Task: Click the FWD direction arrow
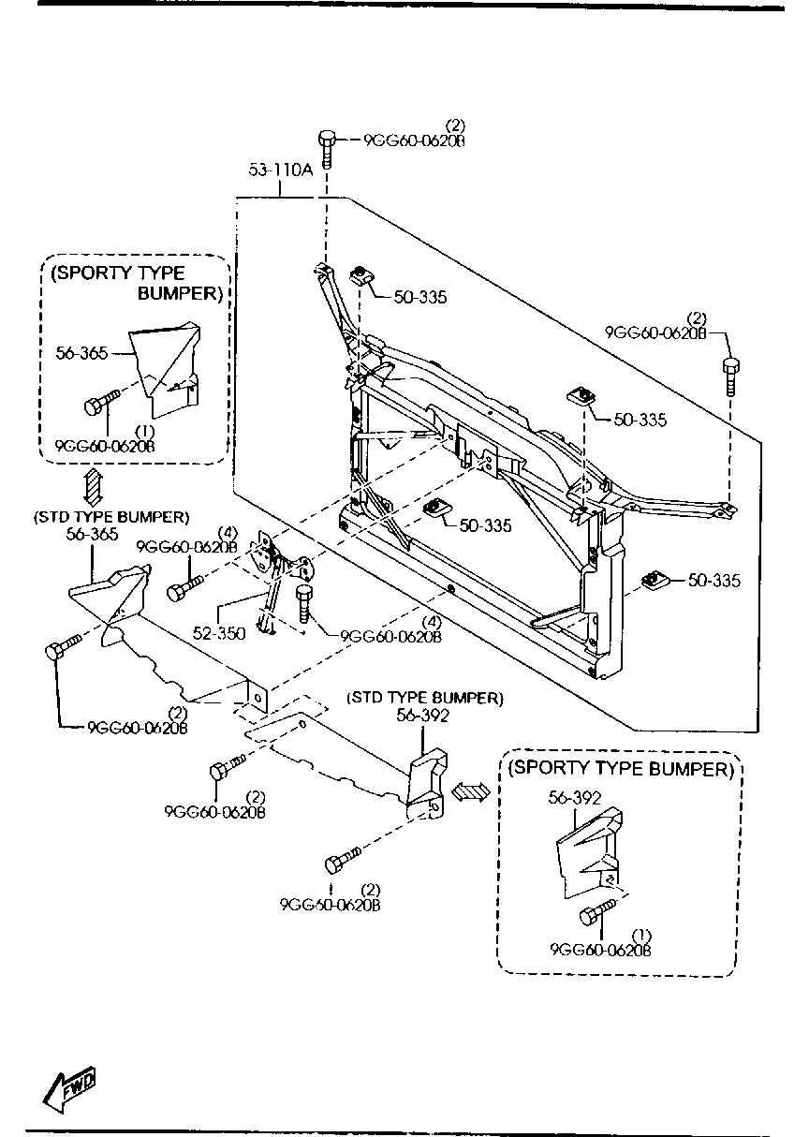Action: (x=69, y=1085)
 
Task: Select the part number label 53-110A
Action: (x=281, y=170)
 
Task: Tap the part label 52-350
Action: (x=219, y=633)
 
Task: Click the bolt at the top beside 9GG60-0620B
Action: (x=328, y=149)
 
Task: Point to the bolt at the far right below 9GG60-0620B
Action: (x=730, y=377)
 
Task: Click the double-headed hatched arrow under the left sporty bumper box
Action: (x=94, y=486)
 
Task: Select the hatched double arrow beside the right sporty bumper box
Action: (x=470, y=790)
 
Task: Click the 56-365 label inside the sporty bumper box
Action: (x=81, y=353)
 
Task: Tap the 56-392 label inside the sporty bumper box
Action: (x=574, y=799)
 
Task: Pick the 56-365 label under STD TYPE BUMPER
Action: (x=92, y=534)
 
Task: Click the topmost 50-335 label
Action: (x=420, y=297)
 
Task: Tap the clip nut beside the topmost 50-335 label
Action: (x=361, y=276)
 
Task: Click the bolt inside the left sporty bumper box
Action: (x=101, y=402)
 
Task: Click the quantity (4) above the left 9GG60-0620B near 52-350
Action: (x=228, y=533)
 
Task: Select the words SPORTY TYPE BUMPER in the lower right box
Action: (x=621, y=768)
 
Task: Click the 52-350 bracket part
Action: (x=281, y=579)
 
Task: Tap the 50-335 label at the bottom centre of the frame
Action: (x=486, y=525)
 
